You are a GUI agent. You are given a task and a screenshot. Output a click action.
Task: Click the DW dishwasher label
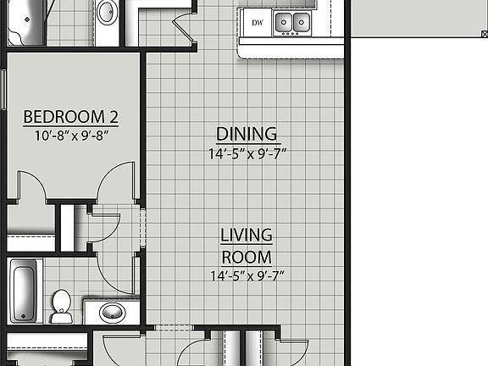(255, 22)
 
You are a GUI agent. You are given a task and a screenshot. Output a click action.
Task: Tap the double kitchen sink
(293, 22)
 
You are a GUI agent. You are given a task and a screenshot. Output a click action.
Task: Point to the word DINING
(247, 134)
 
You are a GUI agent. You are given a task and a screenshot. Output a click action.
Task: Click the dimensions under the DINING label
(247, 153)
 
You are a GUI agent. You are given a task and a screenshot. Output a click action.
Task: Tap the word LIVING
(246, 235)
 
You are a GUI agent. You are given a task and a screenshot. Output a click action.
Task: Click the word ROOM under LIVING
(246, 257)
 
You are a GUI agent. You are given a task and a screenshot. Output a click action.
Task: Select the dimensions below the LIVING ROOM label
(246, 275)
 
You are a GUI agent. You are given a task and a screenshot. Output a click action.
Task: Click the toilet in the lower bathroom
(61, 306)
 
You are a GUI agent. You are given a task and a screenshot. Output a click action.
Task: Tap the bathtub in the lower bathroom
(25, 290)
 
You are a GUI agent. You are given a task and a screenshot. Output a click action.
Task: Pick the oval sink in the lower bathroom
(112, 313)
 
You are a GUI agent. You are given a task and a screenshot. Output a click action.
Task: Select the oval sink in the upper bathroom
(107, 13)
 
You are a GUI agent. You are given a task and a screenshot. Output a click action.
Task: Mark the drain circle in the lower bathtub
(25, 316)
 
